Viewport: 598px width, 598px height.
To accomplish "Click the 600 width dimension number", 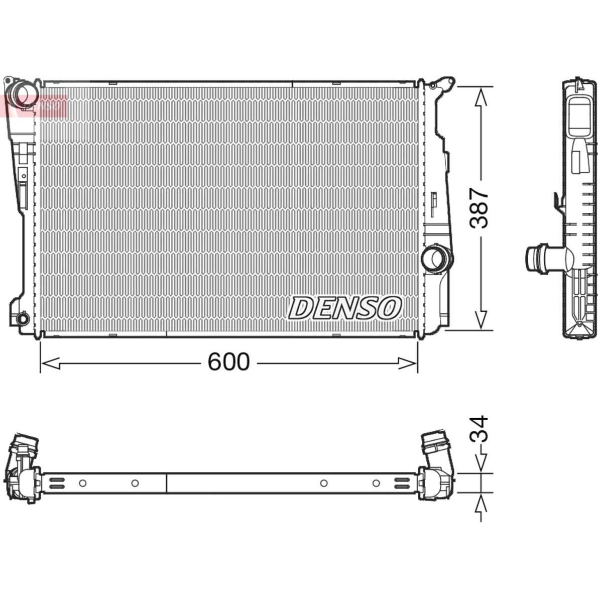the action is [228, 362].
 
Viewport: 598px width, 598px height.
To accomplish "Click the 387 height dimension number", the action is [479, 208].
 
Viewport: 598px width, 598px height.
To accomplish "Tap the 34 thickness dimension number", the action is [479, 429].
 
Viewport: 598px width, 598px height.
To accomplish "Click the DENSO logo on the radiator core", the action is [344, 308].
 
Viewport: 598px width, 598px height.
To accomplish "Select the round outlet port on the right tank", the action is [436, 259].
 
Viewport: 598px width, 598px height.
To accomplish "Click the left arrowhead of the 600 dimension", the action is [50, 364].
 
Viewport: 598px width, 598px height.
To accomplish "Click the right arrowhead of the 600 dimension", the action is [408, 364].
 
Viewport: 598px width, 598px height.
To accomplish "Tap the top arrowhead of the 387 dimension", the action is [482, 97].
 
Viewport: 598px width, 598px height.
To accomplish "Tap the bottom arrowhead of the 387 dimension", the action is [482, 319].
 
